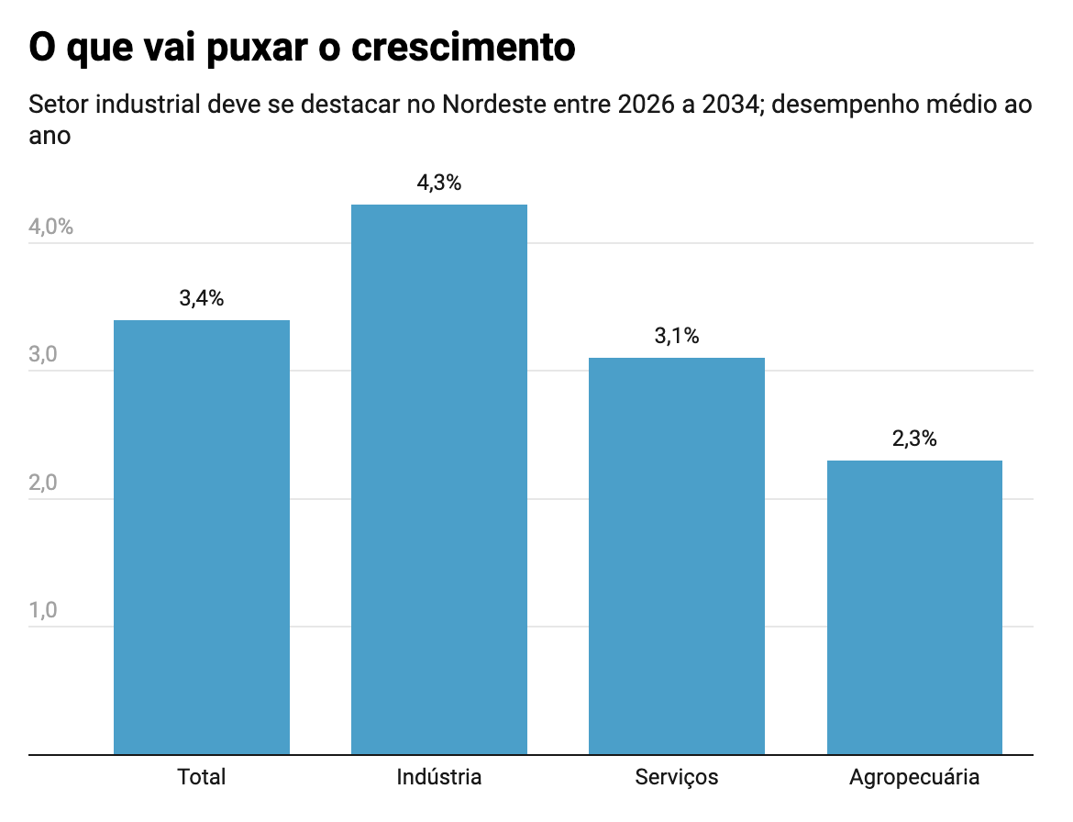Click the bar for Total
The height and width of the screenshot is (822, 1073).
[x=202, y=538]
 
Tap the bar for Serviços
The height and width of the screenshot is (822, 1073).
[x=677, y=556]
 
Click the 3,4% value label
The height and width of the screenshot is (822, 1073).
[x=202, y=298]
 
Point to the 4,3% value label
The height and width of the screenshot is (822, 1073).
[x=439, y=183]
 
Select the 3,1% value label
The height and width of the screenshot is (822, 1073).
[x=677, y=336]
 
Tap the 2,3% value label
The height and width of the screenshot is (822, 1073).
[x=914, y=439]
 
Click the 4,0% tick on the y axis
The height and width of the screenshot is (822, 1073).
[x=51, y=227]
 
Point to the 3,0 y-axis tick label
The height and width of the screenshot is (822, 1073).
[x=43, y=355]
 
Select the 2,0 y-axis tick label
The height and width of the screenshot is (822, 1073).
[x=43, y=483]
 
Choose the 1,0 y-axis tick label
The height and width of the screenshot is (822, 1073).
[x=43, y=611]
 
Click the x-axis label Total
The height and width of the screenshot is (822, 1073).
[x=202, y=777]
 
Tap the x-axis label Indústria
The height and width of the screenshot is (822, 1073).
[x=439, y=777]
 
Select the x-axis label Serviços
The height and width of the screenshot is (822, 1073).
[x=677, y=777]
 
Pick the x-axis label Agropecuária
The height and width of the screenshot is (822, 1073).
[x=914, y=777]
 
